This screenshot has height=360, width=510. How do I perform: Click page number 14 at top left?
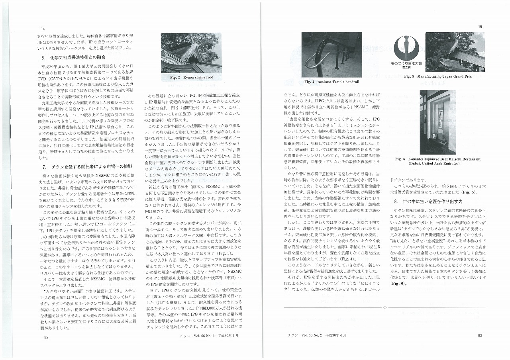pyautogui.click(x=43, y=29)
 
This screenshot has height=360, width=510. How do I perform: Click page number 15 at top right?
pyautogui.click(x=480, y=26)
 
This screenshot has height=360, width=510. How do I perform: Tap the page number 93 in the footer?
pyautogui.click(x=480, y=335)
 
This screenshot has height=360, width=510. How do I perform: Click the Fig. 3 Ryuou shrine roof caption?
pyautogui.click(x=192, y=77)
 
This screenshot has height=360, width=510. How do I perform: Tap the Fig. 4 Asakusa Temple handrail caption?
pyautogui.click(x=331, y=82)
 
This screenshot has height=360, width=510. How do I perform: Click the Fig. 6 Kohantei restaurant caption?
pyautogui.click(x=437, y=161)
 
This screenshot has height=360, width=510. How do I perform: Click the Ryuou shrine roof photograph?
pyautogui.click(x=192, y=53)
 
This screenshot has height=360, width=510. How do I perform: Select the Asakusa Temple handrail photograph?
pyautogui.click(x=331, y=54)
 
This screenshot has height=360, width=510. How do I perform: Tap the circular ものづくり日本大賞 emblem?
pyautogui.click(x=406, y=47)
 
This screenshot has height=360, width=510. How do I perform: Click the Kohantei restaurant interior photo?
pyautogui.click(x=437, y=122)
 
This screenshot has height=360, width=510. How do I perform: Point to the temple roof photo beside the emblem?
pyautogui.click(x=455, y=52)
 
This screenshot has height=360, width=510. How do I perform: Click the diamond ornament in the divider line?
pyautogui.click(x=384, y=308)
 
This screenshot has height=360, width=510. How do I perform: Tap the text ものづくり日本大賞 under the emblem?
pyautogui.click(x=406, y=63)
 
